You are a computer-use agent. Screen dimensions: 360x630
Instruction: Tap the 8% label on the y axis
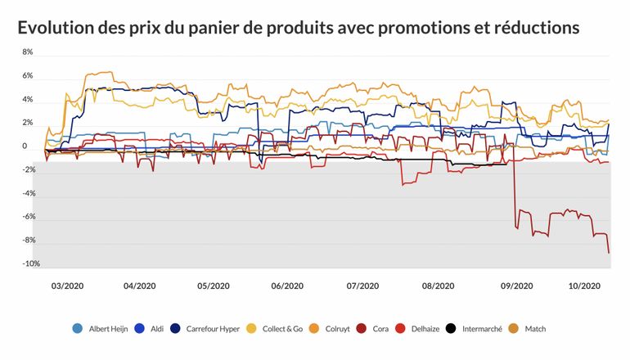point(27,52)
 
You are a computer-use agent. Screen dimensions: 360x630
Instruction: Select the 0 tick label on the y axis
point(25,146)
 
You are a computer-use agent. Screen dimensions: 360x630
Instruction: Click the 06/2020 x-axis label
point(287,286)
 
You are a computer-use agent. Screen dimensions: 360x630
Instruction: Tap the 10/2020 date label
point(584,286)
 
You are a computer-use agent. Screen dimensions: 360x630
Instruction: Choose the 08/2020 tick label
point(438,286)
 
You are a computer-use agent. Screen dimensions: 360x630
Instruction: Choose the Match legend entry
point(531,329)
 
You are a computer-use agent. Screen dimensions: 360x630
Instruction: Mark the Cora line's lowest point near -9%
point(609,253)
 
